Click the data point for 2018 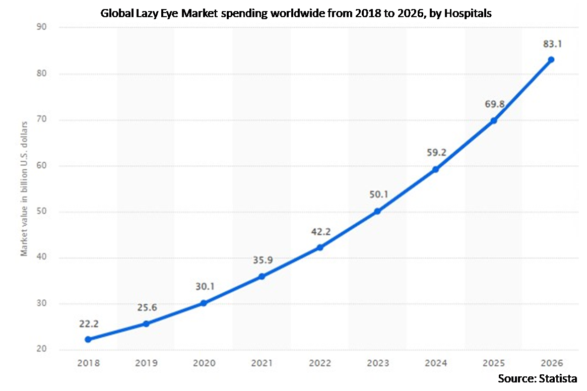coord(88,339)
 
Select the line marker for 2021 coord(262,276)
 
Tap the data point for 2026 coord(551,59)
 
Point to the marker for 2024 coord(435,169)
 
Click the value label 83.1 coord(551,44)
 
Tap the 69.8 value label coord(493,105)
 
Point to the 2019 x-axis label coord(146,363)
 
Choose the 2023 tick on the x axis coord(377,363)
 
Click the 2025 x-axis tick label coord(493,363)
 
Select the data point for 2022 coord(319,247)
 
